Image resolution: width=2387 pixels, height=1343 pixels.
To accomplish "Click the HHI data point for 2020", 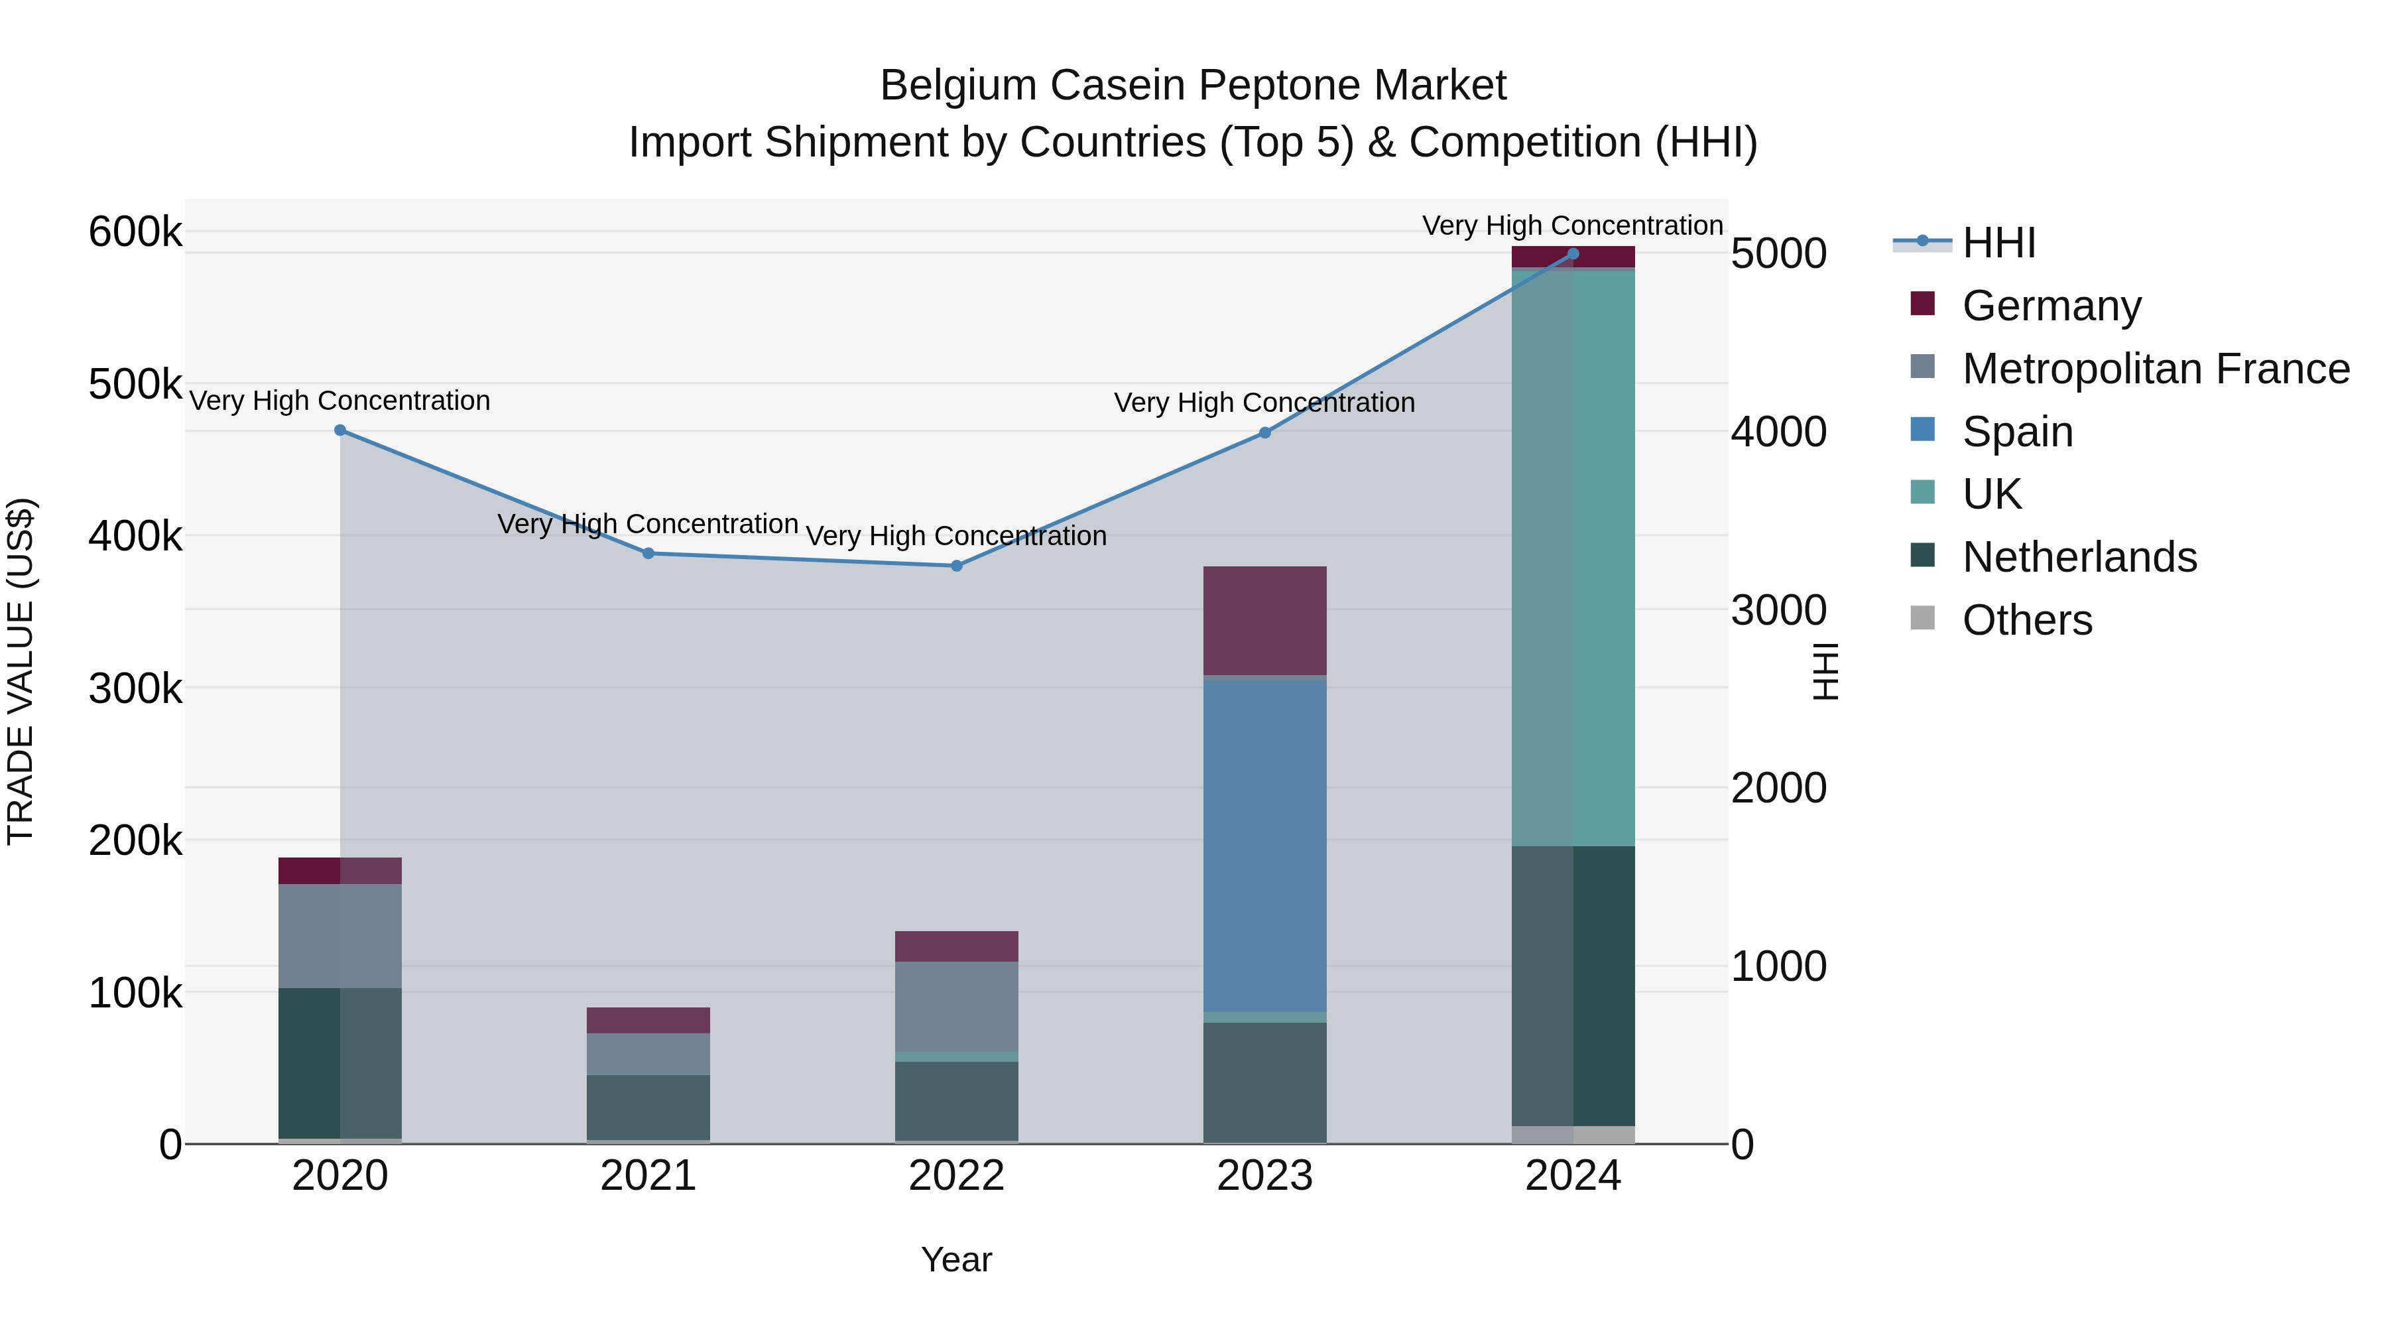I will pyautogui.click(x=340, y=430).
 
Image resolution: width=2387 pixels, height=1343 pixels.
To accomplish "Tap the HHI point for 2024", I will pyautogui.click(x=1573, y=254).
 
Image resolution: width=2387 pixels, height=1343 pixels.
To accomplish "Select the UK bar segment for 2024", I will pyautogui.click(x=1573, y=556).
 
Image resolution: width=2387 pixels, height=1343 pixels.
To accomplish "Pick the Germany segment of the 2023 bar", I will pyautogui.click(x=1265, y=620).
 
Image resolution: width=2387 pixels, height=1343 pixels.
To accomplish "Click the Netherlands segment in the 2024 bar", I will pyautogui.click(x=1573, y=986).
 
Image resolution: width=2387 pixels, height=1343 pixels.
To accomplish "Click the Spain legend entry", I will pyautogui.click(x=2016, y=432).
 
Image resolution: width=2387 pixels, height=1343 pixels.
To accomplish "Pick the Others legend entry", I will pyautogui.click(x=2026, y=620).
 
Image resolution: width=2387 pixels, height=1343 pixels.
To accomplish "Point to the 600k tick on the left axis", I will pyautogui.click(x=135, y=231).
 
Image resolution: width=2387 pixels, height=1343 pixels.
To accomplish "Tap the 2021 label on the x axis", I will pyautogui.click(x=648, y=1176).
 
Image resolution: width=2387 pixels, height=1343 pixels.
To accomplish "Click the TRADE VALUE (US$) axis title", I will pyautogui.click(x=21, y=671).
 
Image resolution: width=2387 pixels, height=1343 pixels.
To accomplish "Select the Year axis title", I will pyautogui.click(x=956, y=1259).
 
